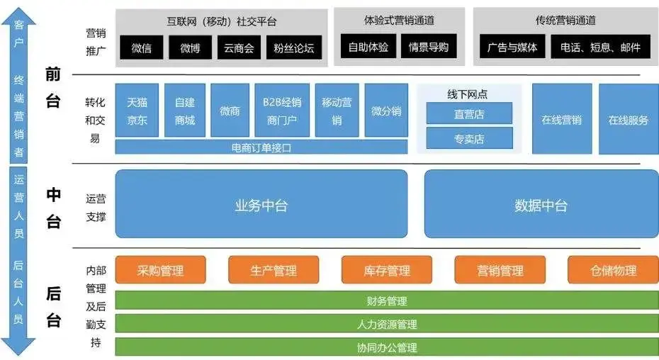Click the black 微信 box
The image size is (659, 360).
point(142,48)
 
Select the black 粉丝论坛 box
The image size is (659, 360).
point(293,48)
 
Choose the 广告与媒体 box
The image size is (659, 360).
point(512,47)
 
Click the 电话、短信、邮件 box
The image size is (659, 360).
point(600,47)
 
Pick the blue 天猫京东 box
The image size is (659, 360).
point(137,111)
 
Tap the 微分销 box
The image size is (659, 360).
point(386,111)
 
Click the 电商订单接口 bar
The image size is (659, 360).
point(261,147)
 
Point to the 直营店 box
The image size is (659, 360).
point(469,113)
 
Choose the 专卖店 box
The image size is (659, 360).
point(469,138)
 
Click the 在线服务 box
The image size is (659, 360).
point(628,119)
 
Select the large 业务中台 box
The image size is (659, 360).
point(261,206)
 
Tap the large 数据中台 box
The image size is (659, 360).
point(541,206)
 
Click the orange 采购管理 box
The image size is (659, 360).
point(160,270)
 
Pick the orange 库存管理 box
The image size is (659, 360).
point(387,270)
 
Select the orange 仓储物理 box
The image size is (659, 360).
point(613,270)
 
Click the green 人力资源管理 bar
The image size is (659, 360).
point(387,325)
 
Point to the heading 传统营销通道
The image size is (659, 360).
point(565,20)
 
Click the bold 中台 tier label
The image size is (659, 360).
point(53,208)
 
